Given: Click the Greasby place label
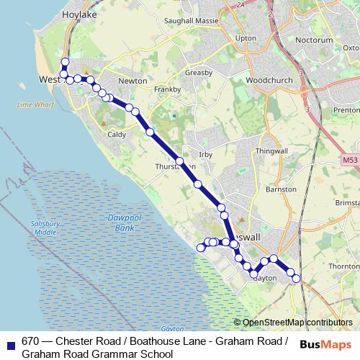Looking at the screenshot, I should pyautogui.click(x=198, y=73).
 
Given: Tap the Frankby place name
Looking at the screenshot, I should pyautogui.click(x=167, y=89).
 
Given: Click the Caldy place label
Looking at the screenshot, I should pyautogui.click(x=116, y=134).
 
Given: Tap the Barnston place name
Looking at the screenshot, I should pyautogui.click(x=281, y=189).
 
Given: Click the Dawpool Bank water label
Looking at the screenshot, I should pyautogui.click(x=114, y=222).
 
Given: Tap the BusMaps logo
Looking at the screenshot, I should pyautogui.click(x=321, y=344).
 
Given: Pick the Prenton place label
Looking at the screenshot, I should pyautogui.click(x=346, y=109).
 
